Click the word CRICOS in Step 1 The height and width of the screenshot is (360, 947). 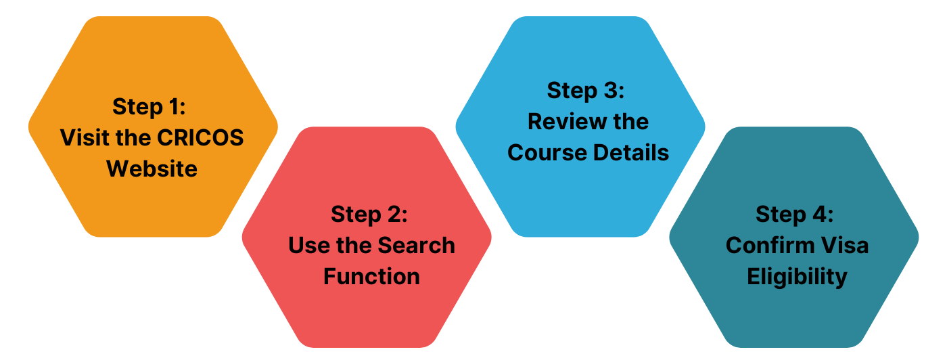tap(200, 137)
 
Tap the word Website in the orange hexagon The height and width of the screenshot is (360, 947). tap(152, 168)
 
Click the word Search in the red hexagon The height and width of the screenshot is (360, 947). tap(416, 245)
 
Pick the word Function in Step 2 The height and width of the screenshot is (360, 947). tap(371, 276)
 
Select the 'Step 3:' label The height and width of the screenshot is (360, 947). tap(586, 90)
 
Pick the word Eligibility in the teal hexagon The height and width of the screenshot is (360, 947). tap(797, 276)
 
